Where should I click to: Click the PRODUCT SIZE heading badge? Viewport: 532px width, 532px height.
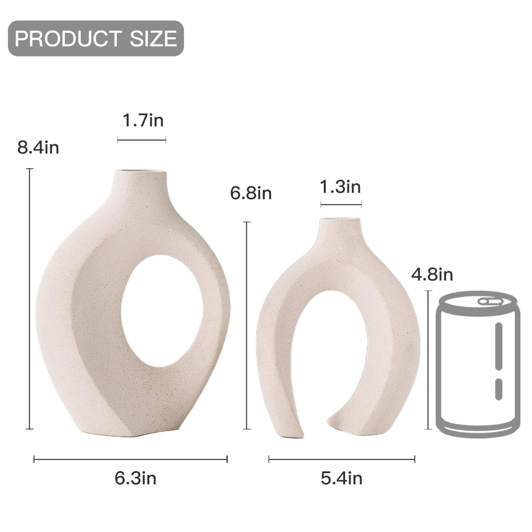click(96, 39)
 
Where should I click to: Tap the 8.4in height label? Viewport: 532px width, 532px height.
click(38, 148)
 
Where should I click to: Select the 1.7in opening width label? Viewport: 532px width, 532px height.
click(143, 121)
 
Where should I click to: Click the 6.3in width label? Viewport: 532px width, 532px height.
click(135, 478)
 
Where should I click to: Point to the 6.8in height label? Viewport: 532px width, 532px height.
click(251, 193)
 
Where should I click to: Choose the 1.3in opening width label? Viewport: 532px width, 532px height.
click(340, 187)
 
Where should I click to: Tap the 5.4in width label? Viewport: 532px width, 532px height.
click(341, 478)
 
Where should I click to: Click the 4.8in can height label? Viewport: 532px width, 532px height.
click(432, 275)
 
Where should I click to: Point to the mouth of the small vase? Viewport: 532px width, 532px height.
click(340, 220)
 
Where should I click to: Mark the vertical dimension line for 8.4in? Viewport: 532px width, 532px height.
click(30, 298)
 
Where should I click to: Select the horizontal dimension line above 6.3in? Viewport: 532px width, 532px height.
click(131, 459)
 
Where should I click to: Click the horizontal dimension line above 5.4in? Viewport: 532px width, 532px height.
click(342, 459)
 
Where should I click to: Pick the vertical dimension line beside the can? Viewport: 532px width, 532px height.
click(428, 360)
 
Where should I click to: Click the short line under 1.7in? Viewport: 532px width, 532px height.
click(142, 140)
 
